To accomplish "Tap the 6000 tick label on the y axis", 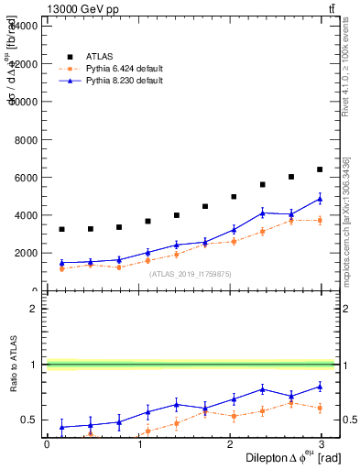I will pyautogui.click(x=26, y=178).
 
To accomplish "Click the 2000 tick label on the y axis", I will pyautogui.click(x=26, y=254).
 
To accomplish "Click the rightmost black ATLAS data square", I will pyautogui.click(x=320, y=169).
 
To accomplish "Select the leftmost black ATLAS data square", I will pyautogui.click(x=61, y=230).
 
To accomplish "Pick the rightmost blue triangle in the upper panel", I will pyautogui.click(x=320, y=199).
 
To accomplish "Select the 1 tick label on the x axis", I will pyautogui.click(x=139, y=444).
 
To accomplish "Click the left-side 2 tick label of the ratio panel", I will pyautogui.click(x=35, y=309).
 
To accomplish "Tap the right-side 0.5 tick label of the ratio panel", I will pyautogui.click(x=349, y=420).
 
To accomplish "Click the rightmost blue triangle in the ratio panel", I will pyautogui.click(x=320, y=387).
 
